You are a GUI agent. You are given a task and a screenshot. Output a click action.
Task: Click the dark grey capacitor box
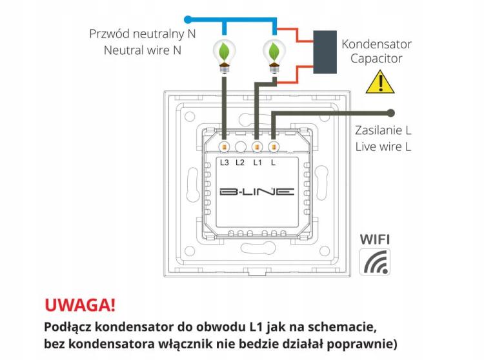324,50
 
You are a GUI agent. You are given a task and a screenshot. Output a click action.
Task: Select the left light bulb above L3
224,54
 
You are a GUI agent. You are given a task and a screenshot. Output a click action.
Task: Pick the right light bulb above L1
274,54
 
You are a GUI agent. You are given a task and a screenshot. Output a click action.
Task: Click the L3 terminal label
224,162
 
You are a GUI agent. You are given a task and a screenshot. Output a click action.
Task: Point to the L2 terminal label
240,162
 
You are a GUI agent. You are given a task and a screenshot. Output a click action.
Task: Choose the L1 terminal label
256,162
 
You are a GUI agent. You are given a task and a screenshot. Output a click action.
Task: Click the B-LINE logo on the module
256,192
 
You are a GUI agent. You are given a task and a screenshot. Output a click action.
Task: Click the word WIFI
374,239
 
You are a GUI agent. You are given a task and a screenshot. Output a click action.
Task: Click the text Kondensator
376,45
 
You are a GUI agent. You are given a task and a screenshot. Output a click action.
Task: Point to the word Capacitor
376,59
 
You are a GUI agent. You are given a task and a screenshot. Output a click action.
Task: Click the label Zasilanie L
383,130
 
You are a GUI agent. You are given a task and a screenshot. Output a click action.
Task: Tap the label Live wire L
383,146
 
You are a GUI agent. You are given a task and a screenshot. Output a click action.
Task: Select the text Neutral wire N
142,50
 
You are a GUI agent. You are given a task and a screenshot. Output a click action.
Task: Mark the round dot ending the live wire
390,113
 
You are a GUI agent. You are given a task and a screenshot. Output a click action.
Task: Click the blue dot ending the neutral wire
188,19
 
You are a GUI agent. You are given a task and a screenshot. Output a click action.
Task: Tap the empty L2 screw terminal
240,146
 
